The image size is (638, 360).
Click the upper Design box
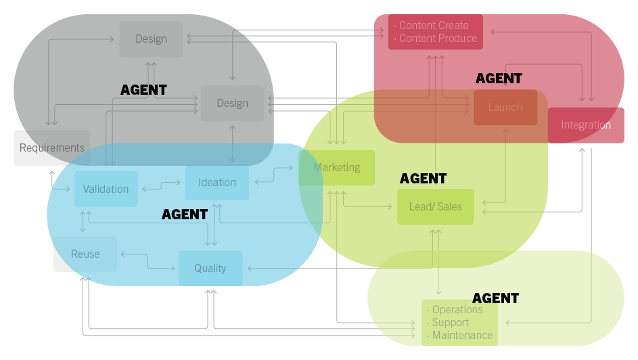(151, 39)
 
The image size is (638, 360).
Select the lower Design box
(232, 104)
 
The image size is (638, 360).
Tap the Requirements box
(51, 148)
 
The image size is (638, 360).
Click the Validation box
(106, 189)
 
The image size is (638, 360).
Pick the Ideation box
(217, 182)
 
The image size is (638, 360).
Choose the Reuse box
(85, 254)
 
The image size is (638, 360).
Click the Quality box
(210, 268)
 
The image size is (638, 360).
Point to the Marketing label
(337, 167)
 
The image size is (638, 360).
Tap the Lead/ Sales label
(435, 206)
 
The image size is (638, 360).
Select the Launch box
(505, 107)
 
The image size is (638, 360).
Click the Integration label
(585, 125)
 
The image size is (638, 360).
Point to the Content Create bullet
(433, 26)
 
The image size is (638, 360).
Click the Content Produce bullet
(437, 39)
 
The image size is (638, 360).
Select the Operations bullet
(457, 310)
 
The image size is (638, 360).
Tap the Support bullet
(450, 323)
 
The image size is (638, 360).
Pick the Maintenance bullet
(461, 336)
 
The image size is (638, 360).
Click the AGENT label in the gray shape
(143, 89)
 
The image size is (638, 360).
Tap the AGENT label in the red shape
(499, 78)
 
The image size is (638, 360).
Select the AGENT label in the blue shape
(185, 215)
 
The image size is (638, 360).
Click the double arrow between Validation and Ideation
(162, 183)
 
